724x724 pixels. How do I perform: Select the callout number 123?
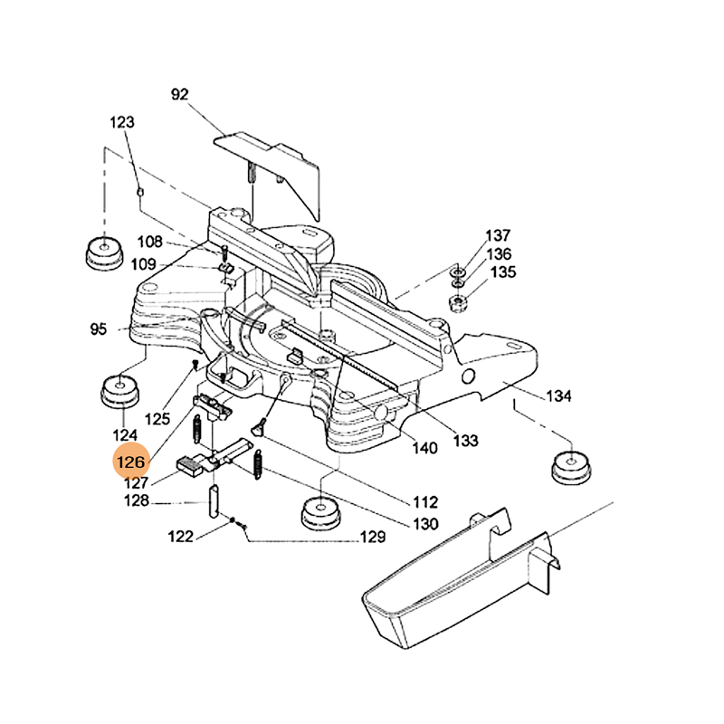(x=122, y=122)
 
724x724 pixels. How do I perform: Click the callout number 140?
(x=424, y=447)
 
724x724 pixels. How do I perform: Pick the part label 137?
(x=500, y=235)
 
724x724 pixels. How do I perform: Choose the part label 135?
(x=503, y=272)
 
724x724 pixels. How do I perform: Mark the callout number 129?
(x=373, y=538)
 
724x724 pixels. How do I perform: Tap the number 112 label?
(x=424, y=500)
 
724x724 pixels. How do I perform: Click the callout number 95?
(x=99, y=329)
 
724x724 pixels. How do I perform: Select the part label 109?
(x=144, y=265)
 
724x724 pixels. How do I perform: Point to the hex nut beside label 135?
(x=458, y=301)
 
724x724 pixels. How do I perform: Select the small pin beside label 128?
(x=215, y=500)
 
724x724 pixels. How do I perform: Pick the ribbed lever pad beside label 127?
(x=190, y=466)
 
